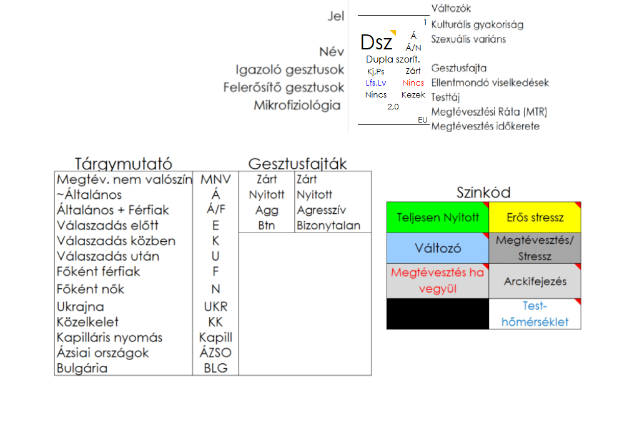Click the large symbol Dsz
pos(377,43)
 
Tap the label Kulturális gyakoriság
pos(477,24)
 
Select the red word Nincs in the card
pos(413,83)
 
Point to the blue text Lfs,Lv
pos(376,83)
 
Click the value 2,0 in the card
pos(393,106)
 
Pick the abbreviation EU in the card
pos(423,119)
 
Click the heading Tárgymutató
pos(124,164)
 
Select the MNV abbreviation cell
pos(215,179)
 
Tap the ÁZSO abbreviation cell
pos(215,353)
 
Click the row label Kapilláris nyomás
pos(109,338)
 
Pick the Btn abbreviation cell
pos(267,226)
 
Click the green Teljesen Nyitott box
pos(438,218)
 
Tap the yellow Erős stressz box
pos(535,218)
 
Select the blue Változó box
pos(438,248)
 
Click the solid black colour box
pos(438,313)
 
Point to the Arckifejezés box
pos(535,281)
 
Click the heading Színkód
pos(483,193)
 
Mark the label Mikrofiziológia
pos(297,105)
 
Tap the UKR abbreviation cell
pos(215,307)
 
